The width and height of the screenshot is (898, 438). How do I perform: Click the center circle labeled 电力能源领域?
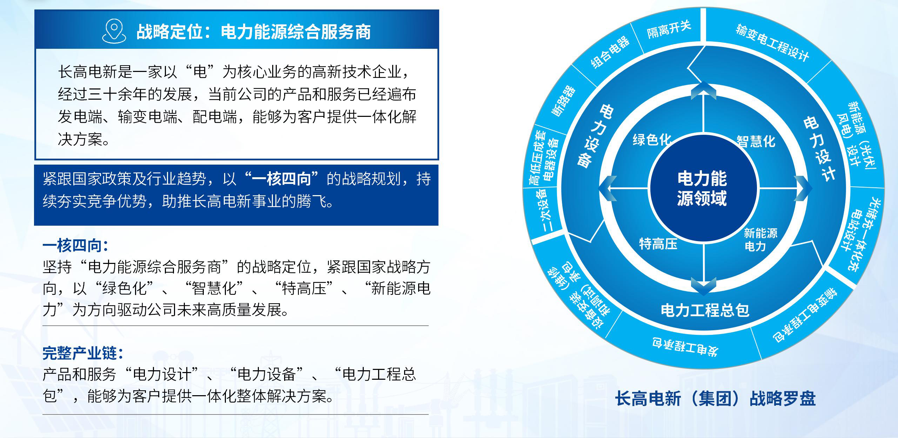point(703,188)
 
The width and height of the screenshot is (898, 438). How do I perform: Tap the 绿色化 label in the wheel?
point(651,139)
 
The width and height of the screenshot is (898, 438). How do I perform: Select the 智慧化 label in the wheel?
point(756,141)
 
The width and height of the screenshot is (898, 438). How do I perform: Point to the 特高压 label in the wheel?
point(658,244)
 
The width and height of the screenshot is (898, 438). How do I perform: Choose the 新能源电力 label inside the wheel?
point(760,239)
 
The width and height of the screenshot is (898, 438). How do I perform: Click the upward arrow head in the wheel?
point(703,90)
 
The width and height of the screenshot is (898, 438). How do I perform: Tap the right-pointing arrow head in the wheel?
point(803,188)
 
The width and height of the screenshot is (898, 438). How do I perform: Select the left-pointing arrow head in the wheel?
point(607,188)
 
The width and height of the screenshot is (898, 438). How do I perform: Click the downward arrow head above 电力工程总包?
point(703,286)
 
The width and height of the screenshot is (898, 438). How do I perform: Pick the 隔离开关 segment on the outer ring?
point(669,29)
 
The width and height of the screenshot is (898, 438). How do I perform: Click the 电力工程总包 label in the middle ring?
point(705,310)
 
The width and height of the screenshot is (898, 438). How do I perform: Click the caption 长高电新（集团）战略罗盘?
point(715,399)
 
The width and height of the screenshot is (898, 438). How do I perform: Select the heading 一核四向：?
point(75,245)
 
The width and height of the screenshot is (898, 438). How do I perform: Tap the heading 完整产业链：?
point(83,353)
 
